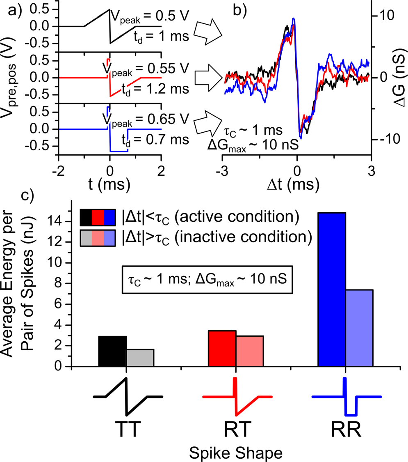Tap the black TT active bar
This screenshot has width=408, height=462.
click(x=112, y=351)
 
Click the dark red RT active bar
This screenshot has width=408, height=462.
click(x=222, y=348)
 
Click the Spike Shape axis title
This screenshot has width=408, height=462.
click(x=236, y=452)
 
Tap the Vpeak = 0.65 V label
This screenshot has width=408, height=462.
click(x=146, y=119)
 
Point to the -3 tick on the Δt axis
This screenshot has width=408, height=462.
click(x=223, y=169)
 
